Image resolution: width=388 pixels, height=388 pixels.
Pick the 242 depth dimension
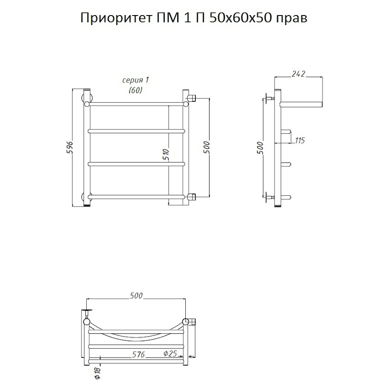298,74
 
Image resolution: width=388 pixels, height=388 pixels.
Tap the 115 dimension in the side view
300,140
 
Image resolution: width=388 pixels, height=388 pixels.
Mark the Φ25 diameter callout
170,354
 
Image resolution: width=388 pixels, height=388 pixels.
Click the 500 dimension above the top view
136,296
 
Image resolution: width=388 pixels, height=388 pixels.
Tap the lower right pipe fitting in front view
192,197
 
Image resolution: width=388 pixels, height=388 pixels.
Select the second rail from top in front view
136,130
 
